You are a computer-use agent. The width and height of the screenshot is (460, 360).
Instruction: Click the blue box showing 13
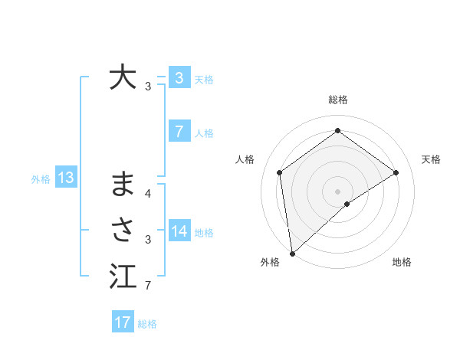tap(66, 178)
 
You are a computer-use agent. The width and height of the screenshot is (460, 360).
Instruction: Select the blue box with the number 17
tap(123, 322)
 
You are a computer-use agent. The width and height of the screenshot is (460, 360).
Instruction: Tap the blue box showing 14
tap(179, 232)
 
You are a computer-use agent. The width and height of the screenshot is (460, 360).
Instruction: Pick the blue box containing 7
tap(179, 132)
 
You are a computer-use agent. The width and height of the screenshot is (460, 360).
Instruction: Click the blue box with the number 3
tap(179, 78)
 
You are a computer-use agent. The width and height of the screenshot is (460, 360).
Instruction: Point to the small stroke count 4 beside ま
tap(147, 194)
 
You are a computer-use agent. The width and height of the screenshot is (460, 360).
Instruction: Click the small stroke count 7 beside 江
tap(147, 286)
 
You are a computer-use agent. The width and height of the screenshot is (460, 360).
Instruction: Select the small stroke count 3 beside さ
tap(147, 240)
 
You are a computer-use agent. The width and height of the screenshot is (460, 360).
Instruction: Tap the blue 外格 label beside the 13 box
tap(41, 179)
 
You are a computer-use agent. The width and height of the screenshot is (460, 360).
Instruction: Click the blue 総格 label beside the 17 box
tap(147, 324)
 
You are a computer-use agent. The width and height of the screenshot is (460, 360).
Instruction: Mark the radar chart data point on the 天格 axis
tap(396, 172)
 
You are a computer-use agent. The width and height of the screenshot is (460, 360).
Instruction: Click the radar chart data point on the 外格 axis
tap(291, 254)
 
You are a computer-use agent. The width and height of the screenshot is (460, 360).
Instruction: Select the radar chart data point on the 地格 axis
tap(347, 204)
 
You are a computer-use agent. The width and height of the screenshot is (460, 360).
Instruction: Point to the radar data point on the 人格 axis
tap(279, 172)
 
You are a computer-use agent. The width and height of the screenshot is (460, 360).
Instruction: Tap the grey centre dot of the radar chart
tap(337, 191)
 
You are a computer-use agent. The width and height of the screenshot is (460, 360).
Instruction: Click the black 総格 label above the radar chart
tap(337, 100)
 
